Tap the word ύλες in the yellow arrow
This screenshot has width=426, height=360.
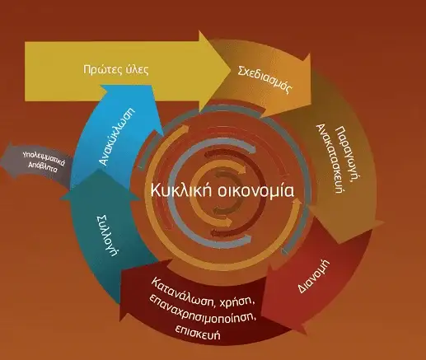137,69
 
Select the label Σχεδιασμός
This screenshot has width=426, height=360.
264,80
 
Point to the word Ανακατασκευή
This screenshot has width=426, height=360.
329,159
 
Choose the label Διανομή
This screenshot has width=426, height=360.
313,275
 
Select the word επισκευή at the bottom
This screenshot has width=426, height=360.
198,332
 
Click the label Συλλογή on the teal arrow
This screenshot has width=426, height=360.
109,236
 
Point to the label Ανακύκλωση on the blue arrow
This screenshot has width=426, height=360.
117,136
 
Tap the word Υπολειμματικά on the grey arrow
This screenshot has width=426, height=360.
44,158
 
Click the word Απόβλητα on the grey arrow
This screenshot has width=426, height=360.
43,166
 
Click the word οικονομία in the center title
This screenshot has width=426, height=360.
255,191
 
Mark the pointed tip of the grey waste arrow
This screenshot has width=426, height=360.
1,159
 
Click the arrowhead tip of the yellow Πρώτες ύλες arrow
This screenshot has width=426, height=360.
231,70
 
